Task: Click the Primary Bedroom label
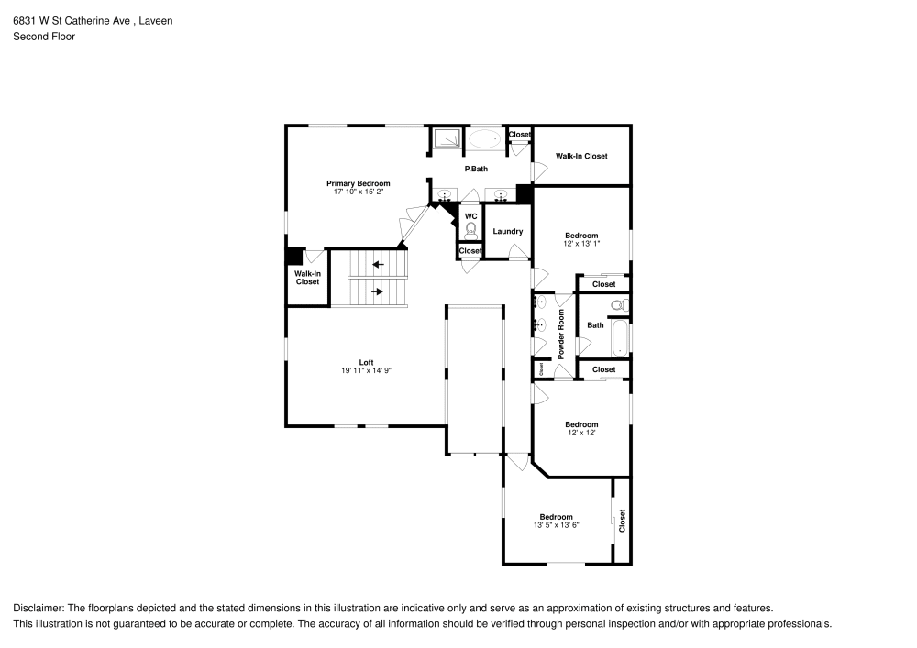tap(358, 183)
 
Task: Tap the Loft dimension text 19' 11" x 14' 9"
tap(366, 370)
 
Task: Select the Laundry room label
tap(508, 231)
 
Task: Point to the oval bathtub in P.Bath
tap(485, 139)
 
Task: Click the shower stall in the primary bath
tap(447, 139)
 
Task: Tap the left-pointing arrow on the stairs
tap(379, 265)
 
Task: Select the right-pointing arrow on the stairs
tap(377, 291)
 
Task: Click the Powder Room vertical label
tap(561, 335)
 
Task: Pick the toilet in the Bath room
tap(621, 305)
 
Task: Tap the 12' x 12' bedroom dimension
tap(581, 433)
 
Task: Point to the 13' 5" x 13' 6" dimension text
tap(557, 525)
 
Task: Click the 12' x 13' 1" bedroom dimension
tap(581, 244)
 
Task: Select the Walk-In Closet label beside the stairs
tap(307, 278)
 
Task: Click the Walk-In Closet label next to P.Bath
tap(581, 156)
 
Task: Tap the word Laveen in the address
tap(156, 21)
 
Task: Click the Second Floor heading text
tap(44, 37)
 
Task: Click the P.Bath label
tap(476, 169)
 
